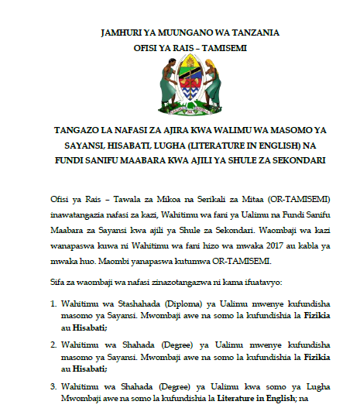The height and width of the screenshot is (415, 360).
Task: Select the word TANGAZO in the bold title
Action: tap(77, 132)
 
